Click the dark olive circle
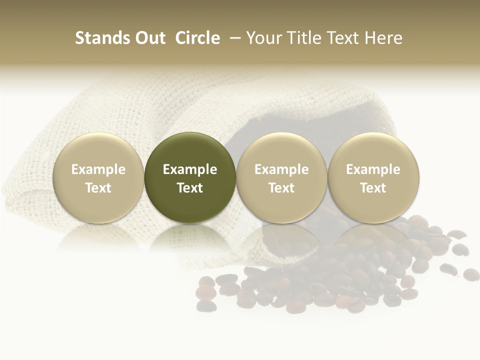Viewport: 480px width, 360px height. (190, 178)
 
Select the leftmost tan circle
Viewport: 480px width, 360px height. (98, 178)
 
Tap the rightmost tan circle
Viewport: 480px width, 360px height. (373, 178)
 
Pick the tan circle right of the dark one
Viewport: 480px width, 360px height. (281, 178)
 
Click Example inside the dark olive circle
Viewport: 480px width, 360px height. (190, 169)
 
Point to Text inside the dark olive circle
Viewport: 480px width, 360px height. (190, 188)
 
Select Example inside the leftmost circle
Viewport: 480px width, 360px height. (98, 169)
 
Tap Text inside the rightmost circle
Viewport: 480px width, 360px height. (373, 188)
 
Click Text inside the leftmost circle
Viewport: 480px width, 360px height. (98, 188)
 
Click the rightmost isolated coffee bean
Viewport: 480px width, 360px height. (471, 274)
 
